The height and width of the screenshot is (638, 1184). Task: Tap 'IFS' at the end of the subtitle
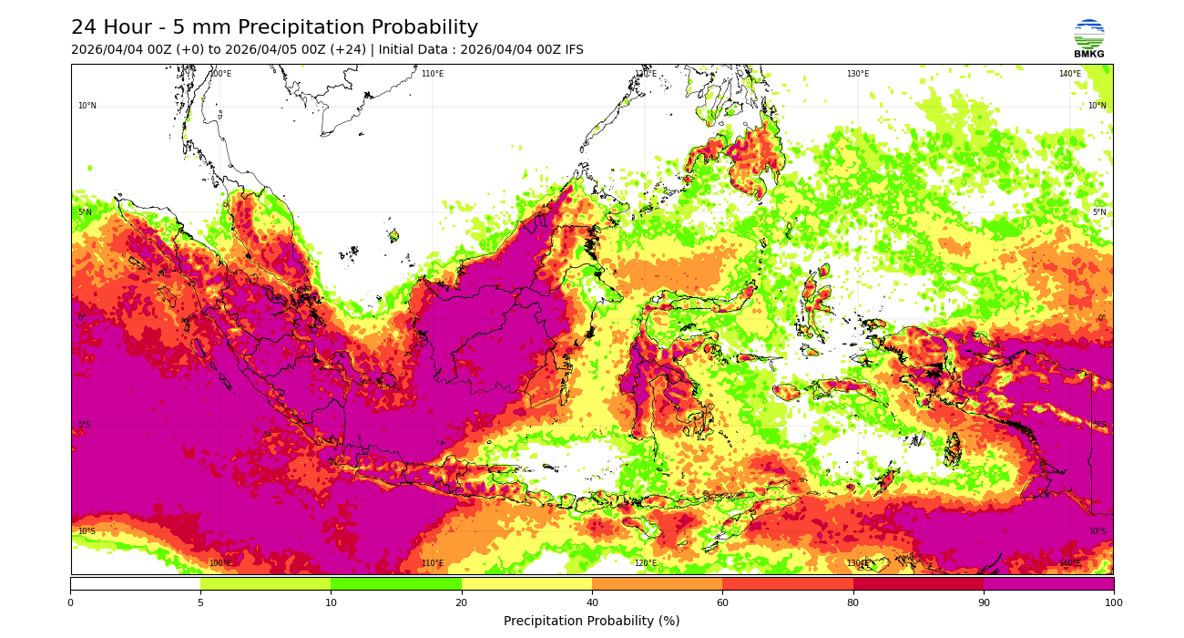tap(571, 50)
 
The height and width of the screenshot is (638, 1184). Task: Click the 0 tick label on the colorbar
tap(70, 602)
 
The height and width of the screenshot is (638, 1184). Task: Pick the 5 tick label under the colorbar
tap(200, 602)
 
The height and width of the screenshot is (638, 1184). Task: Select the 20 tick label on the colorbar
tap(462, 602)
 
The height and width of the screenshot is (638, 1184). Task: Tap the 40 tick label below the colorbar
tap(592, 602)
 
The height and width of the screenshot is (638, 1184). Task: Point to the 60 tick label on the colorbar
tap(722, 602)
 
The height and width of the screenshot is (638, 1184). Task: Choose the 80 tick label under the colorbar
tap(853, 602)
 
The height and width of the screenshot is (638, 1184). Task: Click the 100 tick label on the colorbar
tap(1113, 602)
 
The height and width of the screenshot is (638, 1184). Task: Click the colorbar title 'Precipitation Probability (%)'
tap(592, 621)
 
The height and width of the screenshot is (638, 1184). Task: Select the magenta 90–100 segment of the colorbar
tap(1048, 583)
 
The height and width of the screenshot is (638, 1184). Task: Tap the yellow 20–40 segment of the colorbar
tap(526, 583)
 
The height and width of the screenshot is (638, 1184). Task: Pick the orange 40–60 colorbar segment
tap(657, 583)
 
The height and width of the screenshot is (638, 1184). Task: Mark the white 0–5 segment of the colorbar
tap(135, 583)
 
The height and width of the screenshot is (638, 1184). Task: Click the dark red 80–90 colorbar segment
tap(918, 583)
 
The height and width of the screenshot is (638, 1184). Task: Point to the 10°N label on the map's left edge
tap(87, 106)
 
